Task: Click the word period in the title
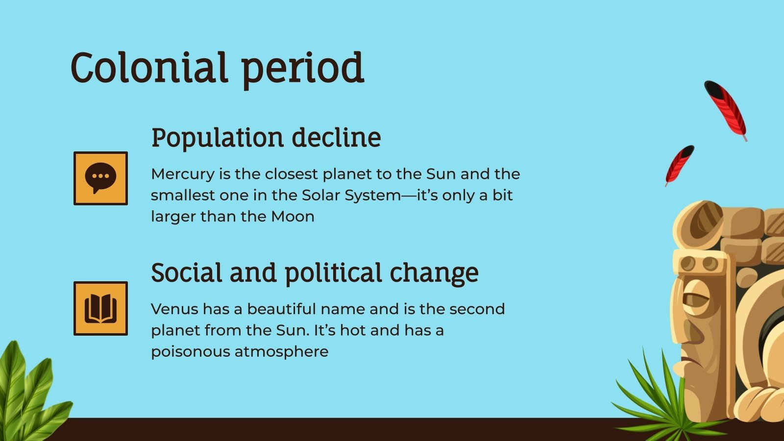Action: [303, 70]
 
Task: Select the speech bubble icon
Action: [100, 178]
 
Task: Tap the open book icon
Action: [100, 308]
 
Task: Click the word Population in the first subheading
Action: [218, 138]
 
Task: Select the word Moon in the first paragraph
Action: [293, 217]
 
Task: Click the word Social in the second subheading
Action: [187, 272]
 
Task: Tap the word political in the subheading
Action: [333, 273]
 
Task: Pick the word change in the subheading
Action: [434, 273]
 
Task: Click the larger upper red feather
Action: [726, 110]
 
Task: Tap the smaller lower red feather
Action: [680, 165]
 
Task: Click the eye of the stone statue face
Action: [696, 299]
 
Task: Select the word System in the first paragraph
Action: [372, 196]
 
